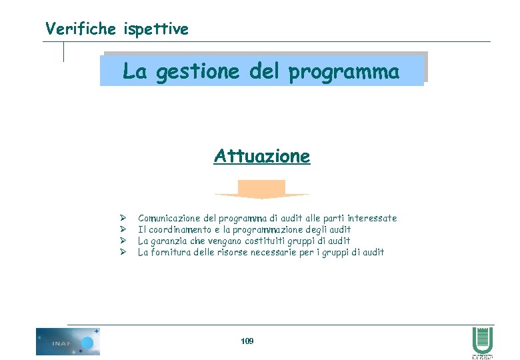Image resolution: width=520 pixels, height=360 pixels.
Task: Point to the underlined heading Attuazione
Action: tap(262, 156)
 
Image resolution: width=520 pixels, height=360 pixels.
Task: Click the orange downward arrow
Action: tap(262, 189)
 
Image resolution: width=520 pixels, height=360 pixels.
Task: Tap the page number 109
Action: tap(247, 341)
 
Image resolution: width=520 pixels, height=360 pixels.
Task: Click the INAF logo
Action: tap(67, 341)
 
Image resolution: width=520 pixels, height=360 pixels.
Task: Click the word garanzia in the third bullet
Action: tap(169, 241)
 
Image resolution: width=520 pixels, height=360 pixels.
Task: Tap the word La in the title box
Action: tap(134, 71)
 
